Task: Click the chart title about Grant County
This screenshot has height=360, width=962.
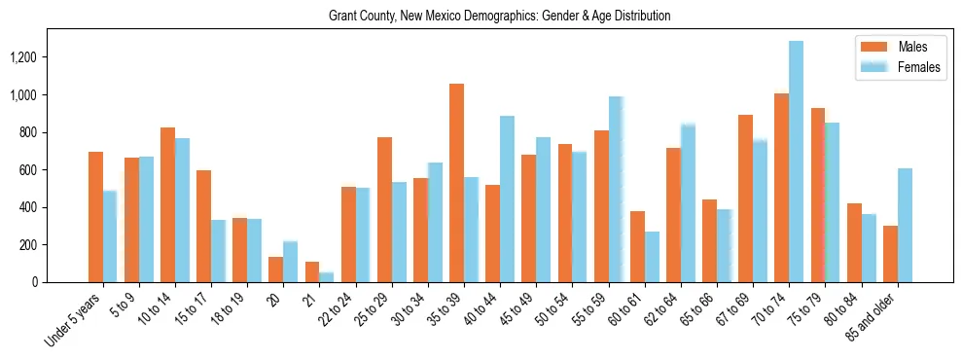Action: (x=481, y=17)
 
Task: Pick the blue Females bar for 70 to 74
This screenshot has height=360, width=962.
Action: (x=797, y=162)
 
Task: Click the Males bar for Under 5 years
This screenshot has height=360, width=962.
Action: (x=95, y=217)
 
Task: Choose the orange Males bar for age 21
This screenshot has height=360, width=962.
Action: (x=312, y=271)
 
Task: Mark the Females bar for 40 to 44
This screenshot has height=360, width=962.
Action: (x=507, y=199)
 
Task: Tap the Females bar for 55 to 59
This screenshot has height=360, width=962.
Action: (x=616, y=190)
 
